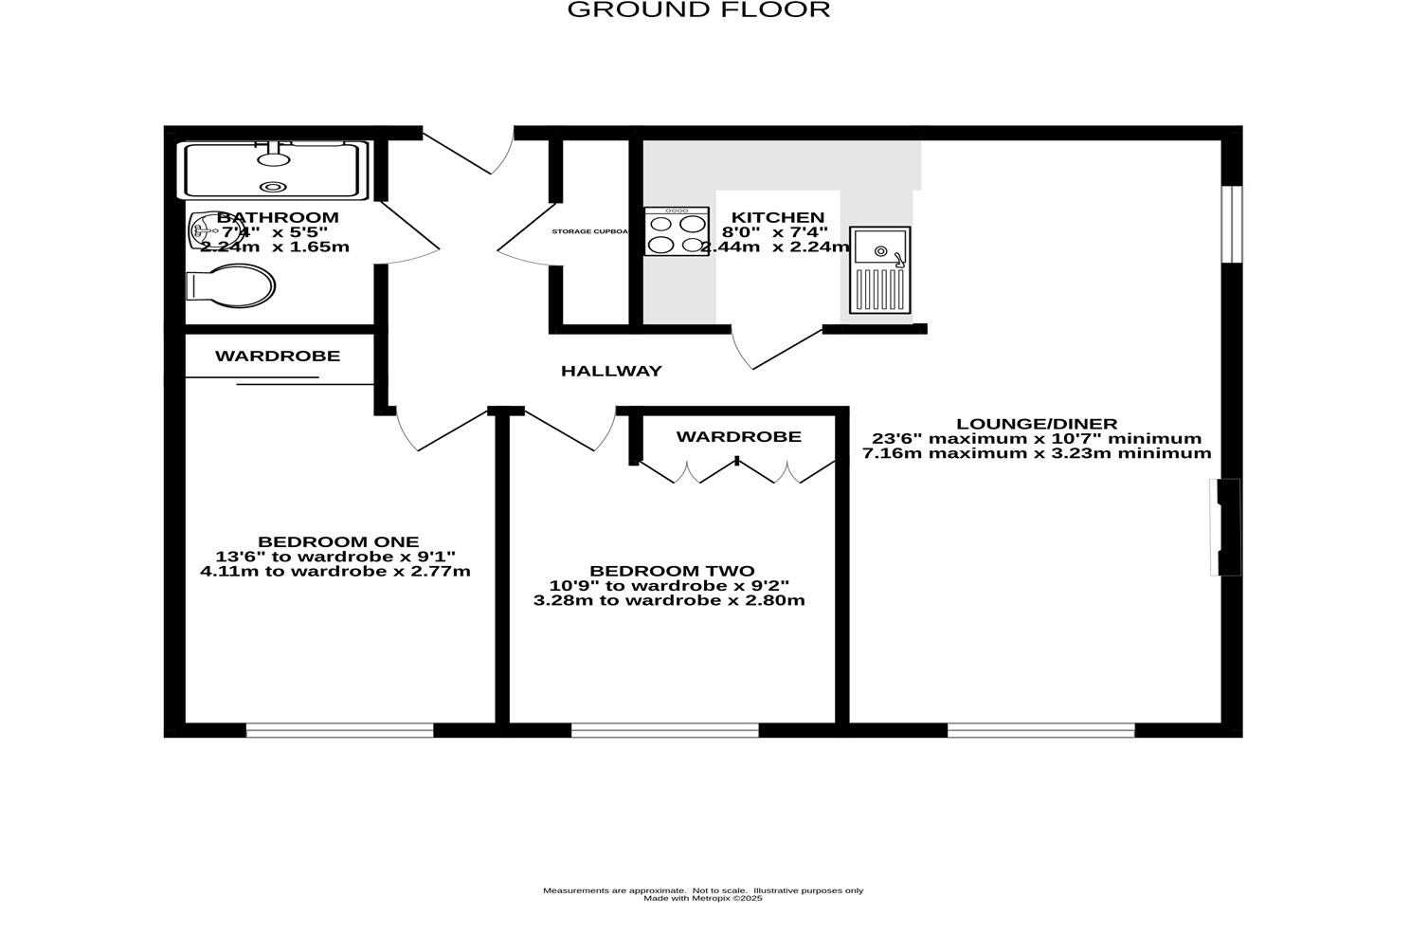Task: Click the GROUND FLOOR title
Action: [698, 10]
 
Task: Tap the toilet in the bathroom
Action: [230, 285]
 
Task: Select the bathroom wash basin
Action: [203, 230]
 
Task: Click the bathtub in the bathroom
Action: [275, 170]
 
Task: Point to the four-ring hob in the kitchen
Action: [677, 232]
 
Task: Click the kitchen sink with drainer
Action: [879, 270]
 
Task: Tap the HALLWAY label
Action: [611, 371]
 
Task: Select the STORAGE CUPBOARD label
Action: [590, 231]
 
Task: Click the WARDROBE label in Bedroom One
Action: [277, 357]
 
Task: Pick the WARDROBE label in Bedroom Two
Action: [738, 437]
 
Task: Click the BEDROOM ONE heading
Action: [337, 542]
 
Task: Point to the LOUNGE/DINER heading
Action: [1037, 424]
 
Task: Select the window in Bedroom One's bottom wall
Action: [339, 729]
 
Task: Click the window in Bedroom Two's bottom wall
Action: [664, 729]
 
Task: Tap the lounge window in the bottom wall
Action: [1040, 729]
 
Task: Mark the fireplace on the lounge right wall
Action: [1225, 527]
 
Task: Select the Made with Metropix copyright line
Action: [702, 899]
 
